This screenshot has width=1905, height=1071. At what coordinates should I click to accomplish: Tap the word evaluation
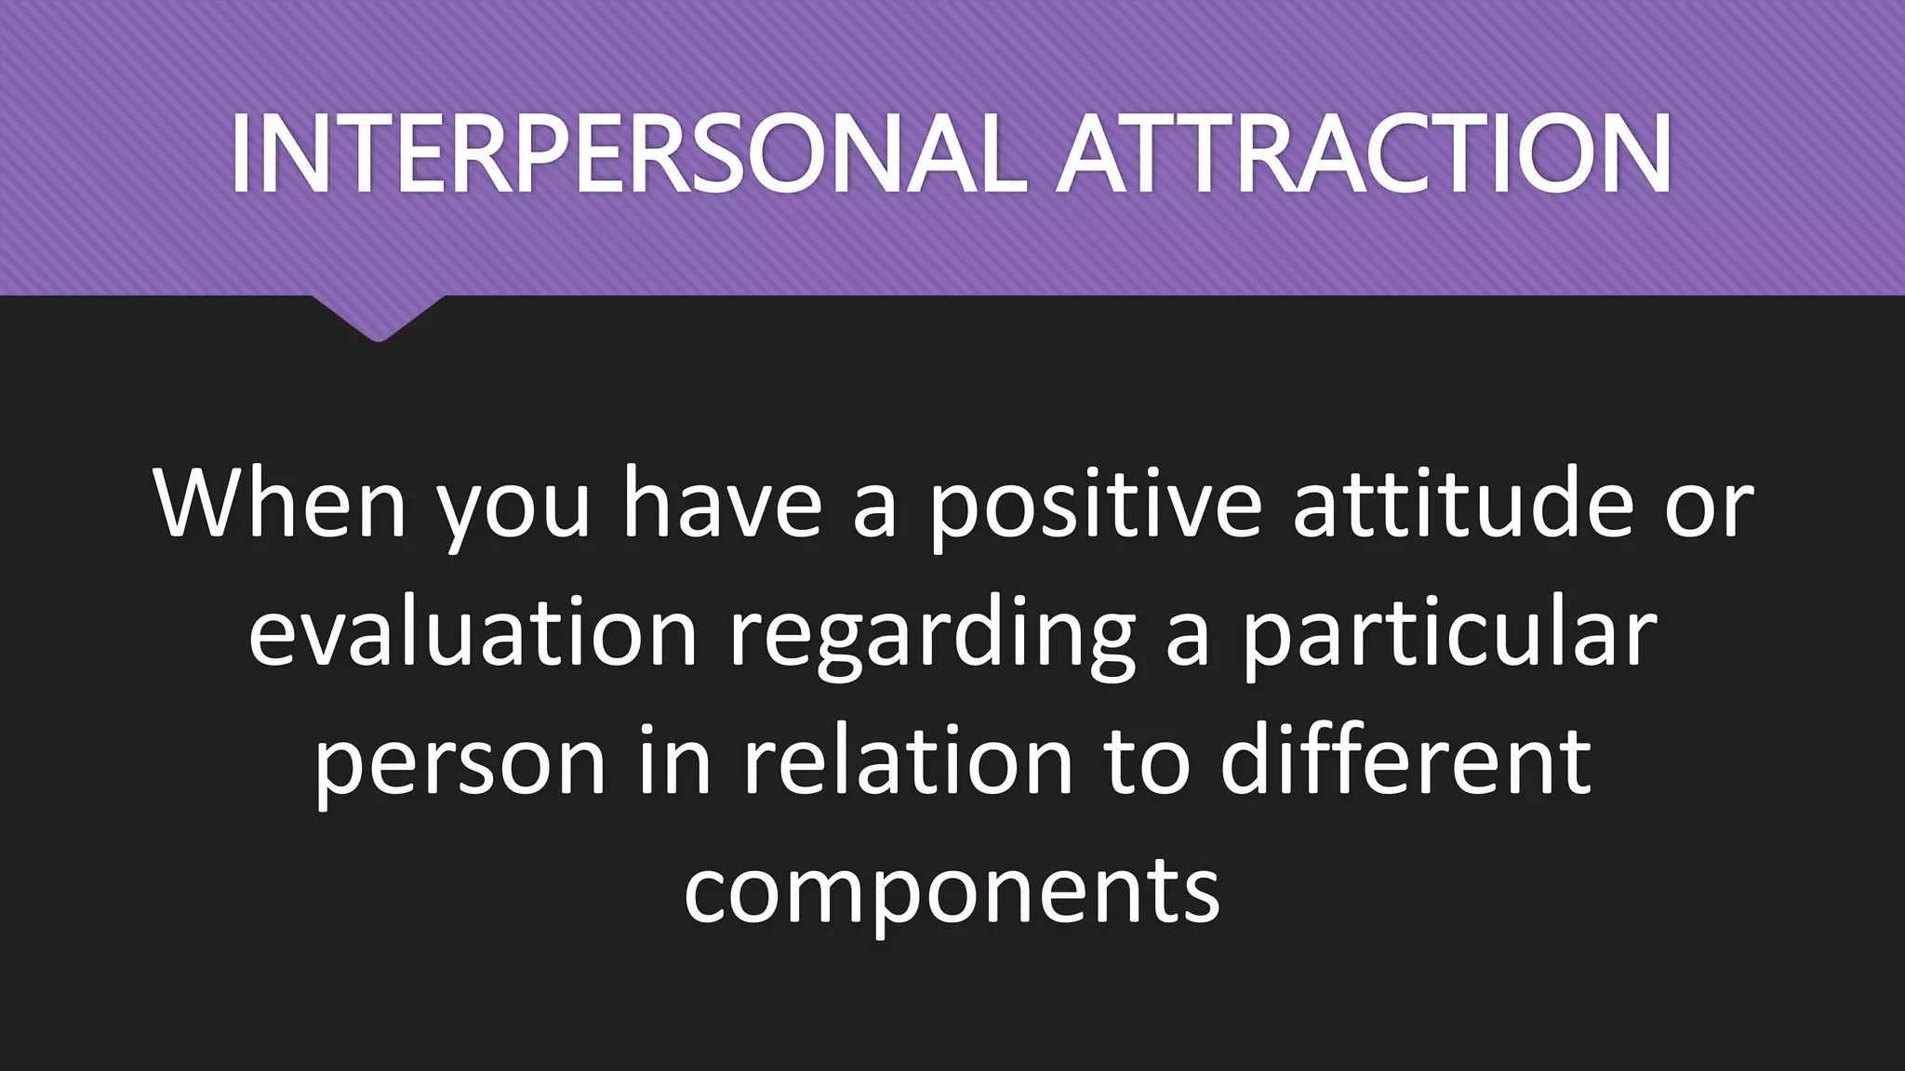click(473, 633)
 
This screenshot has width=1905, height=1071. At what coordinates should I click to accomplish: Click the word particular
click(1449, 633)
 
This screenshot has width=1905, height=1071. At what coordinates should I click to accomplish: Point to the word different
click(1405, 760)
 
